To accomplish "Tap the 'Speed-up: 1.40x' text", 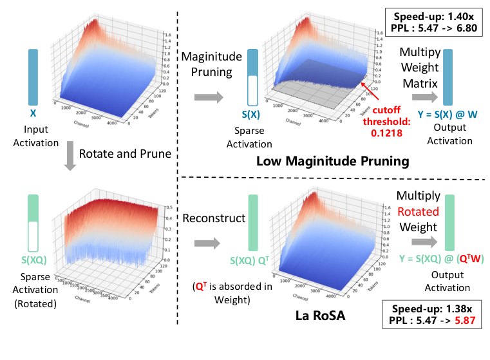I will coord(434,16).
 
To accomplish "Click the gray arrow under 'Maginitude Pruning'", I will coord(211,98).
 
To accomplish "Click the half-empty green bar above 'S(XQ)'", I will coord(33,223).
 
